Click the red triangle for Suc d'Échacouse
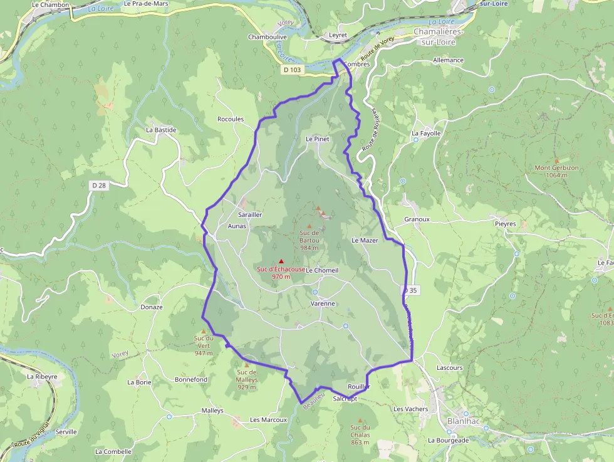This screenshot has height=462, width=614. (281, 261)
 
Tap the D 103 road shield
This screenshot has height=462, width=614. (291, 70)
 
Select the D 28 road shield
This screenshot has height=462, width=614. (98, 185)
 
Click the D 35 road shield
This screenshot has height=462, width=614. (410, 291)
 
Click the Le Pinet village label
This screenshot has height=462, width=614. (317, 139)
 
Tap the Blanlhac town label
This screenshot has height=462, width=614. (464, 421)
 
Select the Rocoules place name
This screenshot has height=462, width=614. (230, 119)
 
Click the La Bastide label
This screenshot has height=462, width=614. (161, 130)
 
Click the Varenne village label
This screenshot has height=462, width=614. (323, 303)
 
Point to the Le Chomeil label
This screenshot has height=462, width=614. (322, 270)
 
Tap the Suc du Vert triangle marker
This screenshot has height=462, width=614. (203, 332)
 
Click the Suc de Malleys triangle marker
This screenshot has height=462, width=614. (246, 365)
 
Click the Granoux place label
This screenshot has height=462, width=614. (417, 219)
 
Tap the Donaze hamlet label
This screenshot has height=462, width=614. (152, 307)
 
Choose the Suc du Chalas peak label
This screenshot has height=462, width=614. (360, 434)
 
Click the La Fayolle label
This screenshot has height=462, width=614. (426, 134)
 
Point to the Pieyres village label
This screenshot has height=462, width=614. (505, 224)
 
